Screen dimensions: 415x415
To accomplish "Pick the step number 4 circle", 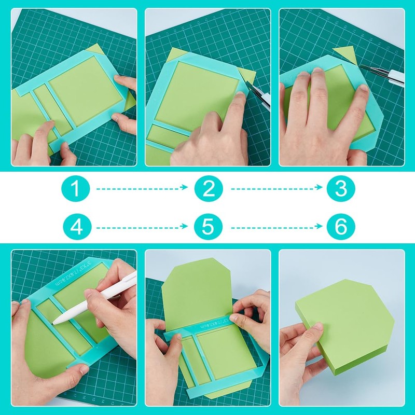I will point(76,227).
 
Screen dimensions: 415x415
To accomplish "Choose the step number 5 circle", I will point(208,227).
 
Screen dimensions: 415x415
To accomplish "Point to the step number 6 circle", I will point(340,227).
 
